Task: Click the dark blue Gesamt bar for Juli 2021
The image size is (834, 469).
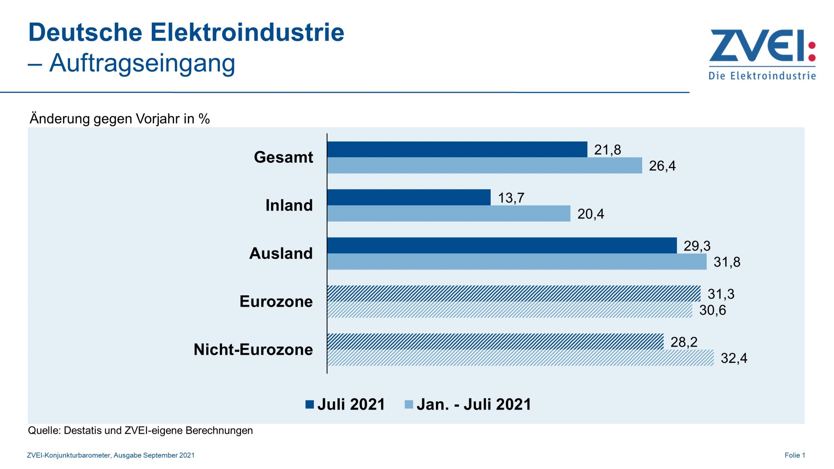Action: click(457, 149)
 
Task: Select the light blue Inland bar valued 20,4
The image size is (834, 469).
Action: click(449, 213)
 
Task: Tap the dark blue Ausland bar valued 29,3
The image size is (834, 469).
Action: click(502, 245)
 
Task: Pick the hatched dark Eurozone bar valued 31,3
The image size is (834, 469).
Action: click(513, 293)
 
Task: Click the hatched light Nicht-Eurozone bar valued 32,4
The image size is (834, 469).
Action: click(520, 358)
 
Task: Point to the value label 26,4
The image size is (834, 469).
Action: click(662, 166)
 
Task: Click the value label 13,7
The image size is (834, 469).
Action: click(511, 198)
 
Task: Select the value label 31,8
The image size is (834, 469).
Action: click(726, 262)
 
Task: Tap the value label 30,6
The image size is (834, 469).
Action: click(712, 310)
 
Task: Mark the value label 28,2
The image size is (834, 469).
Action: click(683, 342)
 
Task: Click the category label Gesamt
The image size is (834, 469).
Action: click(283, 157)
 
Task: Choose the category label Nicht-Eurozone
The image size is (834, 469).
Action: click(253, 349)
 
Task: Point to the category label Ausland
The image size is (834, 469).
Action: click(280, 253)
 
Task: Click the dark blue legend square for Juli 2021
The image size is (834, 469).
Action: click(309, 404)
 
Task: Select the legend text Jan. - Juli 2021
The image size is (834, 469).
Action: click(473, 404)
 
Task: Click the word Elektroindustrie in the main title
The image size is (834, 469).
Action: click(247, 32)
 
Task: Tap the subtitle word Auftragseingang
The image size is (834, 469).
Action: click(142, 63)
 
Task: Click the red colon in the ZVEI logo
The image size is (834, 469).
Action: click(812, 51)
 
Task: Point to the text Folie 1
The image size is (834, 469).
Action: click(794, 455)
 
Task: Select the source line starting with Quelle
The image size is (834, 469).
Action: click(140, 430)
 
